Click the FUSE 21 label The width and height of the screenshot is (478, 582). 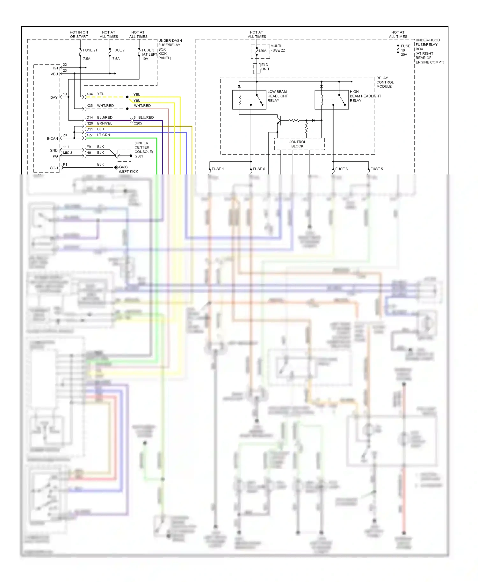click(90, 50)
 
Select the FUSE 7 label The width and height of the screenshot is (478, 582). click(118, 50)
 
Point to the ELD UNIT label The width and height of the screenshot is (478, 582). click(265, 67)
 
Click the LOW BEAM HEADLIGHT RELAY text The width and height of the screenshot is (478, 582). click(278, 96)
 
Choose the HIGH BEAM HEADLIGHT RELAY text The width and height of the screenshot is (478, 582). click(365, 96)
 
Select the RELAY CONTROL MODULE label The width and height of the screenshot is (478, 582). click(385, 82)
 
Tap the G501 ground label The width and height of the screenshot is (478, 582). click(139, 156)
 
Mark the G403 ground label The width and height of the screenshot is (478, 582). click(123, 167)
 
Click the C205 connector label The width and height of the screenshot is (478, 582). click(138, 123)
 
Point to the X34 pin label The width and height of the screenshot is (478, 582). click(90, 94)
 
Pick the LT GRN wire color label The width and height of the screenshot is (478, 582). click(104, 135)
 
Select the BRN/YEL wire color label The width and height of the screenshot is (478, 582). click(105, 123)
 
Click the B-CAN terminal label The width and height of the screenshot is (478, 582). click(52, 138)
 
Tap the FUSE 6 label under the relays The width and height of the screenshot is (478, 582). click(259, 169)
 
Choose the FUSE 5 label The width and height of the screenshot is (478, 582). click(376, 169)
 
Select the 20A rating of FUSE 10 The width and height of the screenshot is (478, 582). click(404, 55)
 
